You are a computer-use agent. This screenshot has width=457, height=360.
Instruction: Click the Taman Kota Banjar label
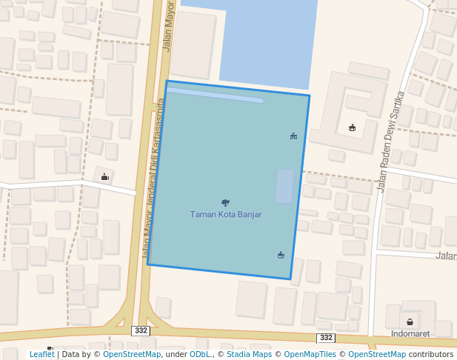(x=226, y=215)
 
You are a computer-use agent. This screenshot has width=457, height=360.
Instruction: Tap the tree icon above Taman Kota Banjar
(x=225, y=202)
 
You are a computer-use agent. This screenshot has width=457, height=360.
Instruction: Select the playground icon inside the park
(x=294, y=136)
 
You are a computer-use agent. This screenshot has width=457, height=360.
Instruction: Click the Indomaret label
(x=409, y=333)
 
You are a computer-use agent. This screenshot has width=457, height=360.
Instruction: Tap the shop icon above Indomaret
(x=410, y=322)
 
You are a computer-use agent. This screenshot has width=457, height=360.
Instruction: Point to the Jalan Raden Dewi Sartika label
(x=391, y=141)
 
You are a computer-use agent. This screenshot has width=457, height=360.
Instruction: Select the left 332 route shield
(x=141, y=329)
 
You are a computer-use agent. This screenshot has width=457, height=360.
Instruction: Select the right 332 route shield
(x=326, y=337)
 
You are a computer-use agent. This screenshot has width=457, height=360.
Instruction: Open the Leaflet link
(x=41, y=355)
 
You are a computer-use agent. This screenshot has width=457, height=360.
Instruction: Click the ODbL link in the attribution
(x=199, y=355)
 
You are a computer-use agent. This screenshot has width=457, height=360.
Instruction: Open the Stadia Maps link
(x=248, y=355)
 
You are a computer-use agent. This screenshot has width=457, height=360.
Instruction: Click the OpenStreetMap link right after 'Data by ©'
(x=132, y=355)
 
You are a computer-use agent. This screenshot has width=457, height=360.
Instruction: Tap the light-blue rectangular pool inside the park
(x=284, y=186)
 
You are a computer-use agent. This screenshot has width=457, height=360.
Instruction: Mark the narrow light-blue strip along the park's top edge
(x=215, y=95)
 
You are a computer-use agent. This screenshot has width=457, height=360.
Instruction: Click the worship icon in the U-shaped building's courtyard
(x=352, y=127)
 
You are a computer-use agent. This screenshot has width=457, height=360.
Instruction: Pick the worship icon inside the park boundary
(x=281, y=255)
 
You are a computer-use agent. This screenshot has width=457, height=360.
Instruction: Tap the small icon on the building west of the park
(x=104, y=176)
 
